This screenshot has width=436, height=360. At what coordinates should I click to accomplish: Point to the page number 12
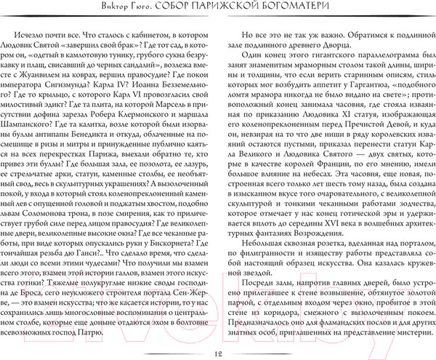pyautogui.click(x=217, y=353)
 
